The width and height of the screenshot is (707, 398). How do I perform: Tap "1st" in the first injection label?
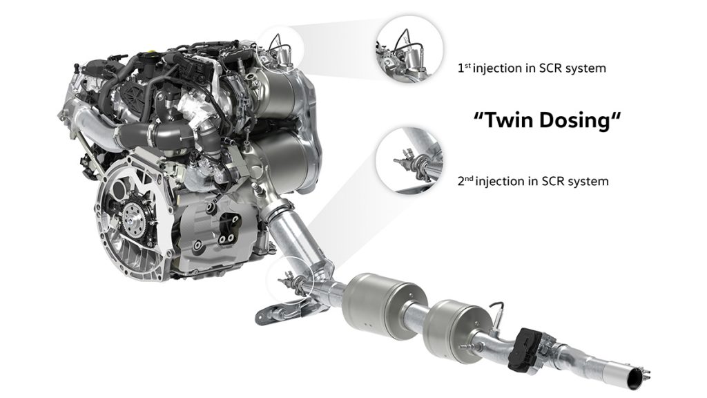coord(464,68)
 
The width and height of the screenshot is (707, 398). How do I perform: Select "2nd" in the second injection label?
coord(465,181)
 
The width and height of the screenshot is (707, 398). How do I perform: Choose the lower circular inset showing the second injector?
coord(409,160)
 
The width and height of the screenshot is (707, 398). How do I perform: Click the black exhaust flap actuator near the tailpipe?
coord(523,349)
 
